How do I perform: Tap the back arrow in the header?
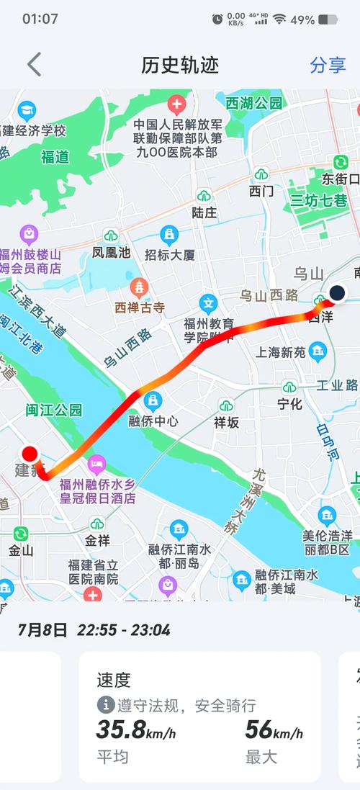coord(34,65)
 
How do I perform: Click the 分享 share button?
coord(328,65)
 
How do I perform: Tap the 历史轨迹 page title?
coord(179,65)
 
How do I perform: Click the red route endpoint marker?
coord(30,454)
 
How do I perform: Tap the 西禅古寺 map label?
coord(140,308)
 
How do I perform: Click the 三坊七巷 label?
coord(318,200)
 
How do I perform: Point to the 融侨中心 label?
coord(153,421)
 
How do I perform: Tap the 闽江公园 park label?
coord(54,410)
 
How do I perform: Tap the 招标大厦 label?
coord(170,254)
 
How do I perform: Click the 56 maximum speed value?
coord(258,730)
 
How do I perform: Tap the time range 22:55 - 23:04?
coord(124,630)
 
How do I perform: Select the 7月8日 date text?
coord(42,630)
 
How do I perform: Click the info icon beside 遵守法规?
coord(106,705)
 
